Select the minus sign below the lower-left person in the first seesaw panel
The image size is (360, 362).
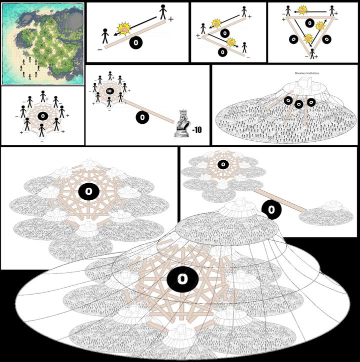pyautogui.click(x=100, y=49)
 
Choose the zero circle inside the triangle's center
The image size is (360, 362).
pyautogui.click(x=310, y=23)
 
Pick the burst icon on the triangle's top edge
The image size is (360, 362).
pyautogui.click(x=302, y=9)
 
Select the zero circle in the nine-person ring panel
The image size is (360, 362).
pyautogui.click(x=42, y=115)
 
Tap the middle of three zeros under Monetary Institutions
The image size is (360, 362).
pyautogui.click(x=299, y=104)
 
